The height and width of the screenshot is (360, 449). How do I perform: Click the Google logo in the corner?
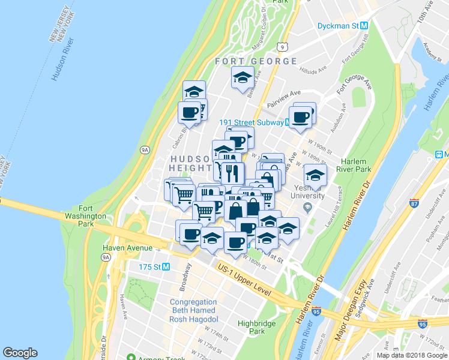point(20,352)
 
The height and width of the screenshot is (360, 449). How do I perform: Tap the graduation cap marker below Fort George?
point(243,79)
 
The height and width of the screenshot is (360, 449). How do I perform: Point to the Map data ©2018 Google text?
point(412,355)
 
